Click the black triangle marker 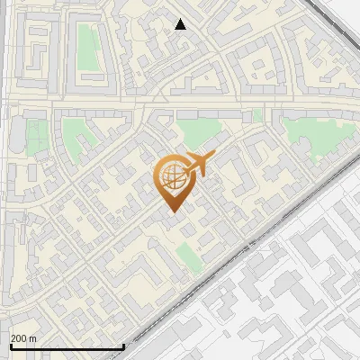181,24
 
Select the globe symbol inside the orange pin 169,178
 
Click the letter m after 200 32,338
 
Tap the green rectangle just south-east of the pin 187,256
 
